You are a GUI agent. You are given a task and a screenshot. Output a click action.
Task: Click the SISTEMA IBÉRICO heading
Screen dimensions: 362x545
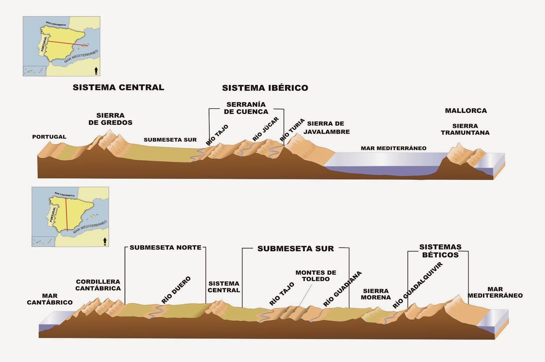[x=265, y=88]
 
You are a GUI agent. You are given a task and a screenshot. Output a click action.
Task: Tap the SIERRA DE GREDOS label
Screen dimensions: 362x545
[x=110, y=119]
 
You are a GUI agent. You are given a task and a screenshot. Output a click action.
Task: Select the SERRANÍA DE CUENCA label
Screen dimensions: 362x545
[x=246, y=108]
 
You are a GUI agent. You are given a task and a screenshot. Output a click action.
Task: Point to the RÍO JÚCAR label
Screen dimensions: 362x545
[x=266, y=129]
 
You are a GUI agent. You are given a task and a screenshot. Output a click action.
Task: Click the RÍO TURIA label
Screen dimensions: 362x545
[x=292, y=130]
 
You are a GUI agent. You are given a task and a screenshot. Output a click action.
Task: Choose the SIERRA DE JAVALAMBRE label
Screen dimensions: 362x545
[x=326, y=127]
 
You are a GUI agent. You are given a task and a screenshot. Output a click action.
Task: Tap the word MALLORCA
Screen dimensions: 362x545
[x=466, y=110]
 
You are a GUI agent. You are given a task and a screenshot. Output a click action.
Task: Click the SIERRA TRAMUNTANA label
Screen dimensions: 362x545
[x=465, y=129]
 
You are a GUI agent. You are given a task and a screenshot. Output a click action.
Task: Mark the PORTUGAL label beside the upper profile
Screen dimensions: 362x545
[x=49, y=137]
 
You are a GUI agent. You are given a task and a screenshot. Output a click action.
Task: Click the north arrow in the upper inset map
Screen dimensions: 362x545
[x=96, y=71]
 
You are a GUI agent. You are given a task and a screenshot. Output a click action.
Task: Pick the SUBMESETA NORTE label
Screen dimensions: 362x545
[x=166, y=247]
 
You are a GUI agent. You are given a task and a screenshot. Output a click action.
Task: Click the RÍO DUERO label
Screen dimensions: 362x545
[x=176, y=290]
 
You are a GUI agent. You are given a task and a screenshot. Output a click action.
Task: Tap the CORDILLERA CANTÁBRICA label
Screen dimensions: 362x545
[x=98, y=285]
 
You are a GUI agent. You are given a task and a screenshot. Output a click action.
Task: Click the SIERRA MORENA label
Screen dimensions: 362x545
[x=376, y=294]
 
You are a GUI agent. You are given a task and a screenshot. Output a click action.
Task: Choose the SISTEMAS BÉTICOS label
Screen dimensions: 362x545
[x=440, y=251]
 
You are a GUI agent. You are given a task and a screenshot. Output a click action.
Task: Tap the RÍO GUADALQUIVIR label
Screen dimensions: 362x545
[x=417, y=285]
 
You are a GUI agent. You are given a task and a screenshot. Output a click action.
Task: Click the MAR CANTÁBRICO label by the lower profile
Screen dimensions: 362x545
[x=50, y=299]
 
